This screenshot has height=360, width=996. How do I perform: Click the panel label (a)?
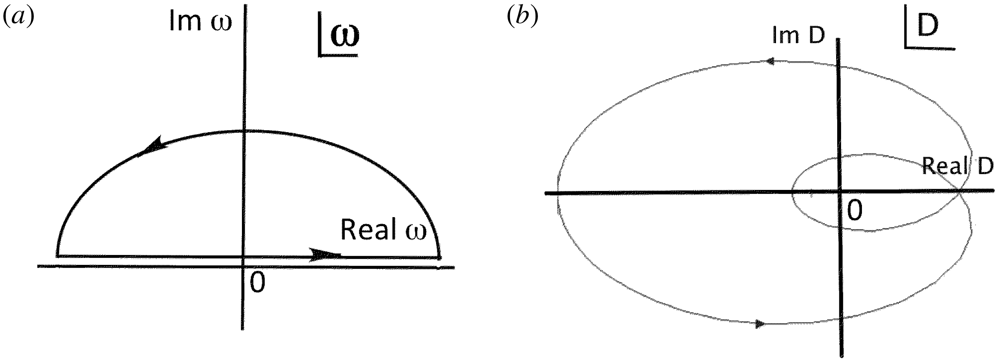coord(18,18)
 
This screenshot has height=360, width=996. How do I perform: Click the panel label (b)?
coord(522,18)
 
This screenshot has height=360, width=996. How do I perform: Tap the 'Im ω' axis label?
coord(200,22)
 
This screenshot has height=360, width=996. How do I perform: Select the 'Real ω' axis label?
coord(383,230)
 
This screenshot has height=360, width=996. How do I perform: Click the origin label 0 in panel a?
coord(257,282)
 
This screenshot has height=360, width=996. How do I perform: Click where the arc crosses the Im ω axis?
coord(244,131)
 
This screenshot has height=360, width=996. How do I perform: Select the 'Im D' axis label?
coord(798,35)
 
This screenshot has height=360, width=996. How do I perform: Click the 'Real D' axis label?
coord(957,167)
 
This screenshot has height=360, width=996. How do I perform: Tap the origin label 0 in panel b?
coord(855,211)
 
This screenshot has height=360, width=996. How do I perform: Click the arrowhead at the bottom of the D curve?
coord(760,324)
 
